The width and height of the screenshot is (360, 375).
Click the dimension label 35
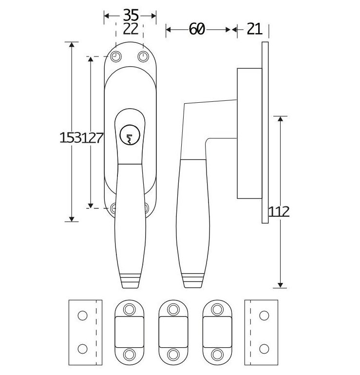pyautogui.click(x=130, y=14)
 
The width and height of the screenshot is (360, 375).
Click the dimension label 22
pyautogui.click(x=130, y=28)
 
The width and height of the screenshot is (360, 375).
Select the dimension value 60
pyautogui.click(x=196, y=30)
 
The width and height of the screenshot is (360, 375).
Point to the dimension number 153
pyautogui.click(x=70, y=138)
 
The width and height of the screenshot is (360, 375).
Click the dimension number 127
pyautogui.click(x=93, y=138)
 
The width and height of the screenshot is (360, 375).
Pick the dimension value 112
pyautogui.click(x=279, y=211)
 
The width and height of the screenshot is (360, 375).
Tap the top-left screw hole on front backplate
pyautogui.click(x=116, y=57)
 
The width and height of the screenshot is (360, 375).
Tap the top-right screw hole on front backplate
pyautogui.click(x=143, y=57)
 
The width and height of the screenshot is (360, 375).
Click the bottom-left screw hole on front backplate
pyautogui.click(x=114, y=208)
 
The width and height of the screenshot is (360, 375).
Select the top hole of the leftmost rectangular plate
pyautogui.click(x=83, y=315)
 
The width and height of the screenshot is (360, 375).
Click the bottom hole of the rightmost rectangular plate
pyautogui.click(x=264, y=349)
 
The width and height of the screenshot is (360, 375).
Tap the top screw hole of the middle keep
pyautogui.click(x=173, y=309)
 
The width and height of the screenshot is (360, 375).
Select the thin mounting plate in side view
pyautogui.click(x=265, y=132)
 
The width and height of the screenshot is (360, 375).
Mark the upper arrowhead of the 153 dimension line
pyautogui.click(x=72, y=45)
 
